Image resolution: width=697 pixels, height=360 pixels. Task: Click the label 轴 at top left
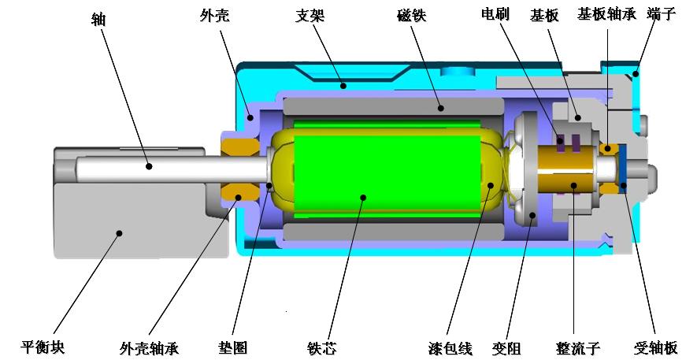98,19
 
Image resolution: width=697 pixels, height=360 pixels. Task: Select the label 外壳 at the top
214,16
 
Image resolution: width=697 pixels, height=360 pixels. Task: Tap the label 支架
310,16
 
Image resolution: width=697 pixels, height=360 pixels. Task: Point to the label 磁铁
411,16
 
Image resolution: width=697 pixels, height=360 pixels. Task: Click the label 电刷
495,14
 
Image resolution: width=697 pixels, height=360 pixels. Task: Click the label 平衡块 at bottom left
43,347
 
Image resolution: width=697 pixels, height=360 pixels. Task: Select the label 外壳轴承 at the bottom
149,348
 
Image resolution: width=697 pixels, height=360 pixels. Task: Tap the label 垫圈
232,347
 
